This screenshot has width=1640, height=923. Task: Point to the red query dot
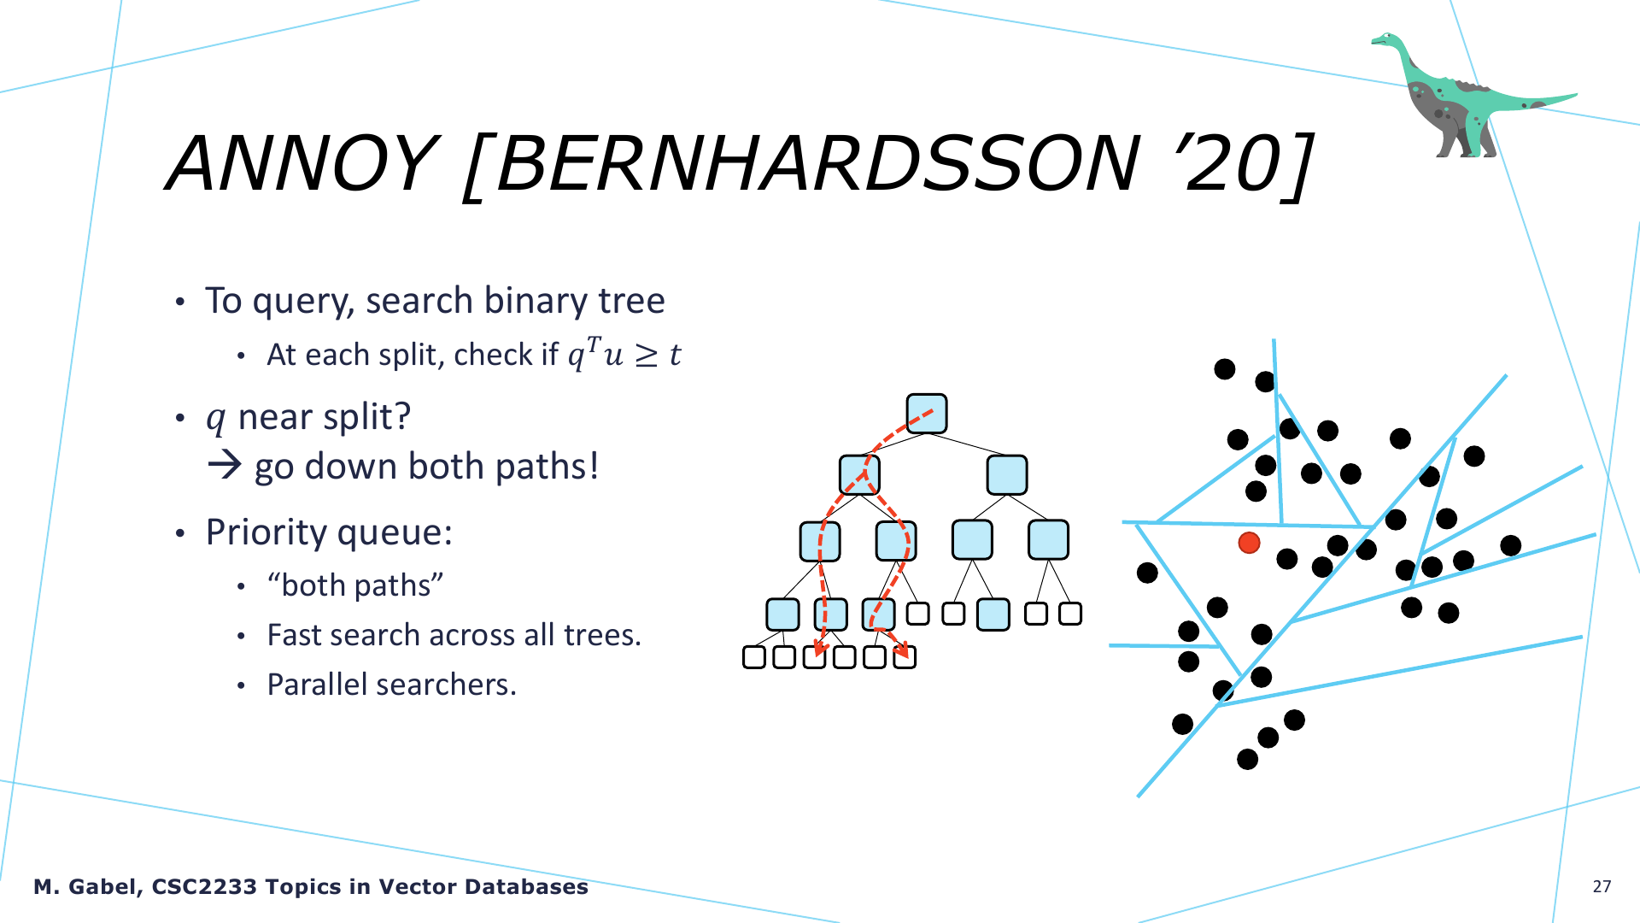(1249, 543)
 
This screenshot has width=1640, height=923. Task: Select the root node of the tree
(927, 414)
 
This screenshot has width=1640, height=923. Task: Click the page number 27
(1602, 886)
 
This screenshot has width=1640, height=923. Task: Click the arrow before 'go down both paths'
(225, 466)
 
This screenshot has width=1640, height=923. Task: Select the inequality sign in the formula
(646, 356)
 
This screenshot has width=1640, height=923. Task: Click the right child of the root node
(1007, 475)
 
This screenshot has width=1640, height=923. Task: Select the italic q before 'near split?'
(216, 419)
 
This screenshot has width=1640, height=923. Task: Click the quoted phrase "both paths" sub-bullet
(355, 585)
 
